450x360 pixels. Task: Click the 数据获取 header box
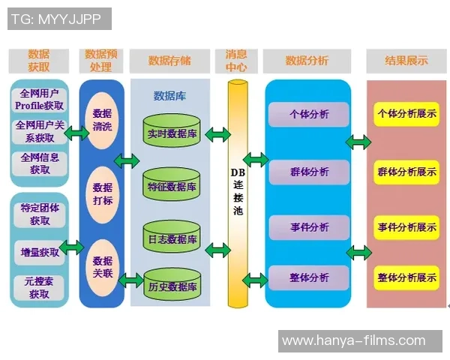(39, 61)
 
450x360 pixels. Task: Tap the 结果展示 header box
(406, 61)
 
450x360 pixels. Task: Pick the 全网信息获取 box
(39, 163)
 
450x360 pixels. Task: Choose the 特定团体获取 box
(39, 214)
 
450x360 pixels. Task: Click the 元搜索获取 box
(39, 288)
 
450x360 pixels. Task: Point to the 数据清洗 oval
(102, 120)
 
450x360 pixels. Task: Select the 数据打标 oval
(102, 193)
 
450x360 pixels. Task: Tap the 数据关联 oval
(102, 267)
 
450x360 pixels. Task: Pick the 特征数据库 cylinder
(172, 186)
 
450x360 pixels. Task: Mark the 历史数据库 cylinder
(172, 286)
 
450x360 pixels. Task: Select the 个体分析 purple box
(308, 115)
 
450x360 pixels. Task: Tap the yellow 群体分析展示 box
(407, 172)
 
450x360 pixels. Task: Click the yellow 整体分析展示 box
(407, 277)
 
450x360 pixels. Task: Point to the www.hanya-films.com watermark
(353, 341)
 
